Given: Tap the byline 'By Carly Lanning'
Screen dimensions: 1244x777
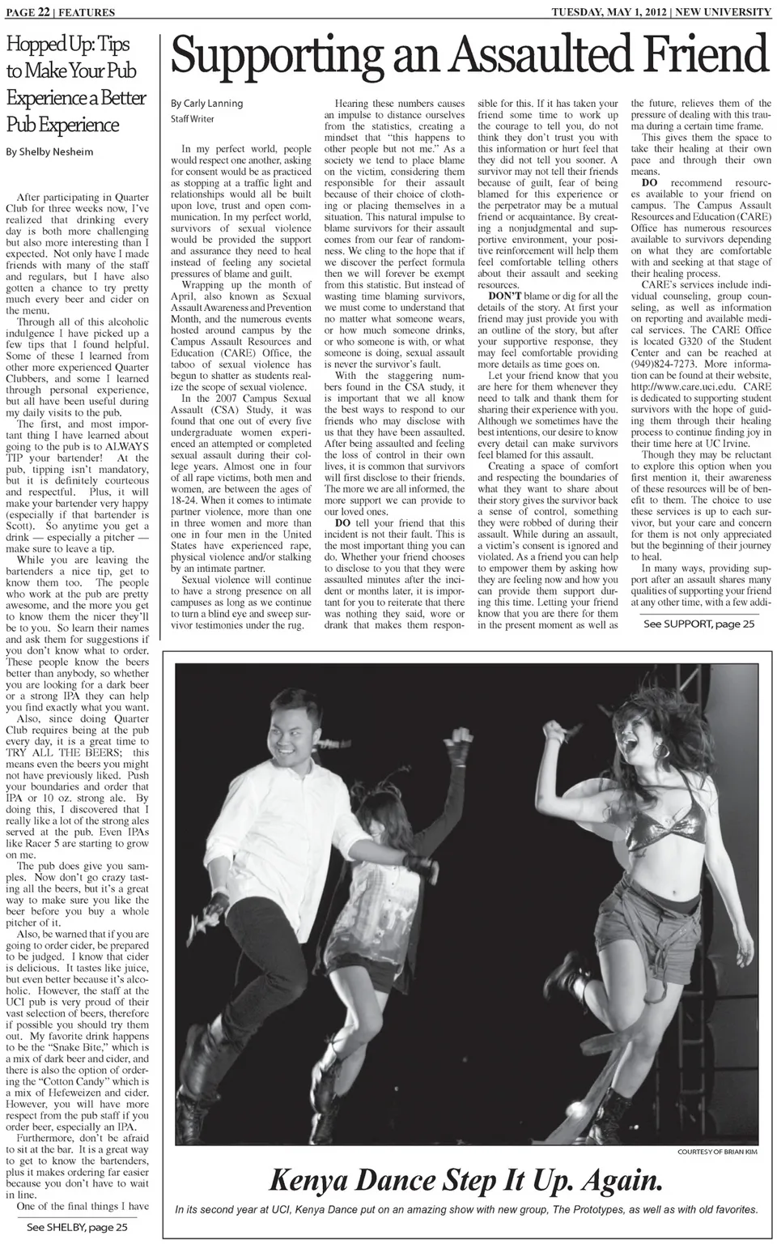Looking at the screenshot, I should pos(206,104).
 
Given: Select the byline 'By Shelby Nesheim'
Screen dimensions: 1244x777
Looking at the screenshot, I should pos(49,151).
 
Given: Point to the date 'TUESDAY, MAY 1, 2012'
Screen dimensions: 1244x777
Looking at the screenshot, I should pos(607,12).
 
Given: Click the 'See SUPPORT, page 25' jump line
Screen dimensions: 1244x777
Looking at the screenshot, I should pos(698,624).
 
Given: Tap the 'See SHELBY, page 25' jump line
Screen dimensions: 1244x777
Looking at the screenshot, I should pos(78,1227).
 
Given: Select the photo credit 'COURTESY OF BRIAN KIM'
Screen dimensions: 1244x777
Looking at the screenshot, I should pos(717,1152).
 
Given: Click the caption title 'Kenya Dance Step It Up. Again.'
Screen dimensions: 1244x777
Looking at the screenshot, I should pos(465,1180).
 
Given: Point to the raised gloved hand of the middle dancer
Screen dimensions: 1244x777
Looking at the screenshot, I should pos(461,739).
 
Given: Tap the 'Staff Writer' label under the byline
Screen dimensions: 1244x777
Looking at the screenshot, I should pos(192,119).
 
